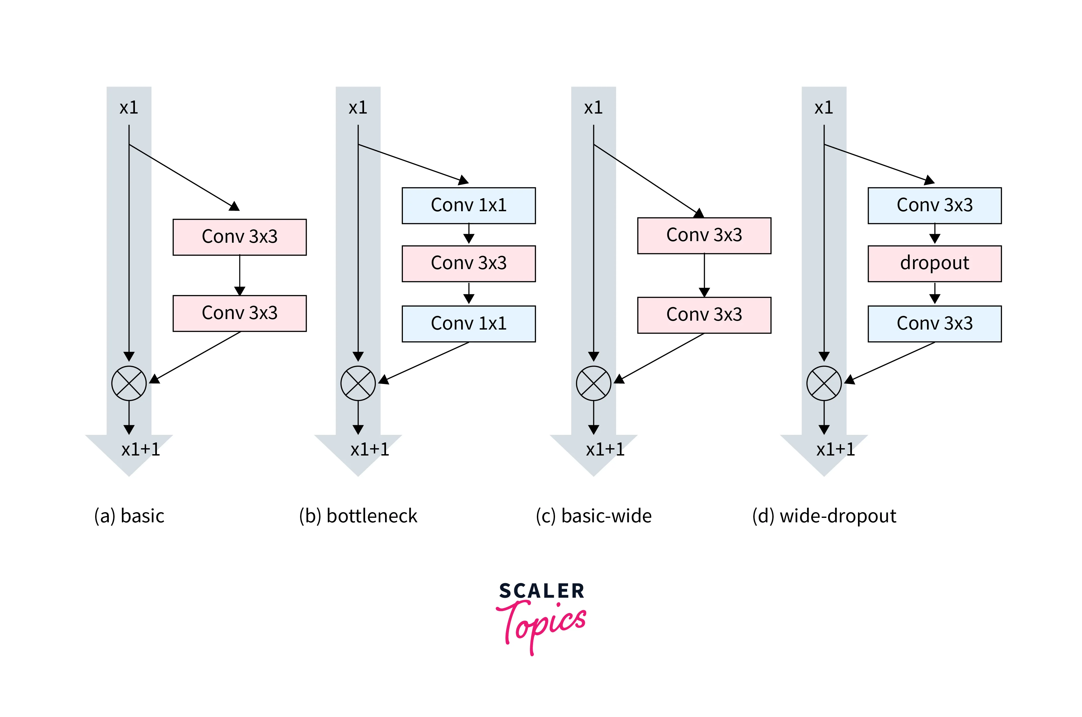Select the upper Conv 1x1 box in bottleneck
click(468, 205)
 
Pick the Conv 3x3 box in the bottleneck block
click(468, 263)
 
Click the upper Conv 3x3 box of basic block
click(239, 237)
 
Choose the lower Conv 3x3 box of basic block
click(239, 313)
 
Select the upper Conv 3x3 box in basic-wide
click(704, 235)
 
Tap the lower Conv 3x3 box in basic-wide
click(704, 315)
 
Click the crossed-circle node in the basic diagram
click(129, 383)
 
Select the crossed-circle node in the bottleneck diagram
click(358, 383)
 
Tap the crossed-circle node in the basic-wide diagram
click(594, 383)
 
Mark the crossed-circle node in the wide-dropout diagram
click(824, 383)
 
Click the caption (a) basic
click(129, 516)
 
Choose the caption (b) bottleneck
click(358, 516)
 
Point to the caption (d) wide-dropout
click(824, 516)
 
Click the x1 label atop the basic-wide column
click(594, 108)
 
